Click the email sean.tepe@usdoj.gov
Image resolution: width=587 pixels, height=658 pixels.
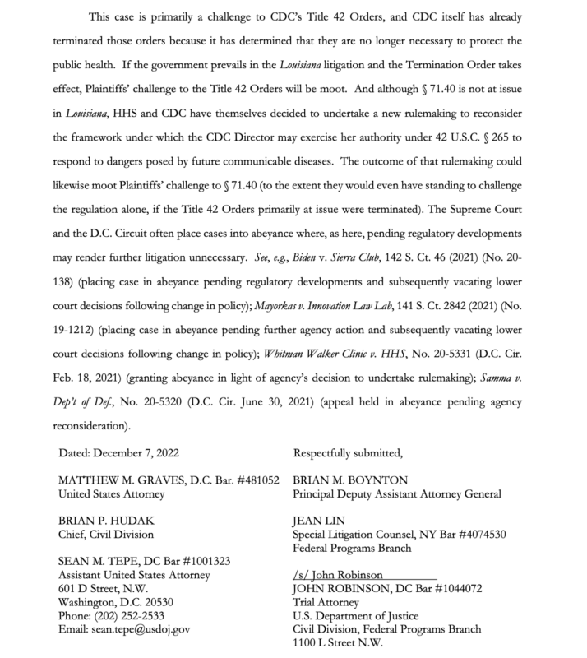pos(141,629)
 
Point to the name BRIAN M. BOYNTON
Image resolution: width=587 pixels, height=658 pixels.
pos(350,480)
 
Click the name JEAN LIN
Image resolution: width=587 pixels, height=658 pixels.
pos(317,521)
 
